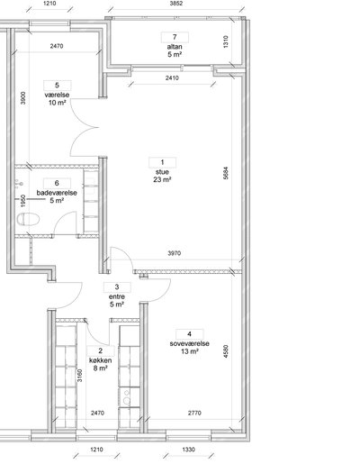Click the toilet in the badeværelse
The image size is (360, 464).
point(29,219)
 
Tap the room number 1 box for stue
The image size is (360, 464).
point(162,162)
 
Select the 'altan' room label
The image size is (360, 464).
point(175,47)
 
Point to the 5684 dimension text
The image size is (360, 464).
point(226,173)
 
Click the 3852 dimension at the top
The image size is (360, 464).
point(176,4)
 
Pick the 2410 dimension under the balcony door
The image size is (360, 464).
point(172,78)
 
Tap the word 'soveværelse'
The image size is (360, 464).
point(189,343)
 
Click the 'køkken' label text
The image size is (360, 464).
point(101,360)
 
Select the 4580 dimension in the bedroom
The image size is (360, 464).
point(226,351)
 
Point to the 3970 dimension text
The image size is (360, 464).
point(175,253)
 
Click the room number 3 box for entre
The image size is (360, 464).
point(117,287)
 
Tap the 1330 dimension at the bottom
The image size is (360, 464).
point(188,450)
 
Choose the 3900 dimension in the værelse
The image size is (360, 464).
point(23,98)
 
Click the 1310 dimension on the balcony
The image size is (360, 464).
point(226,41)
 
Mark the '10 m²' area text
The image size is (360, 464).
point(57,103)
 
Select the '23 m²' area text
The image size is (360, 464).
point(162,179)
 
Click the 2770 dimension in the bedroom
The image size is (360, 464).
point(194,413)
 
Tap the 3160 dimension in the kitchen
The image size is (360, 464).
point(79,376)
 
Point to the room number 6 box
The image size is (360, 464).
point(57,183)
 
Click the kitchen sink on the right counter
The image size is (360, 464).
point(127,397)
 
